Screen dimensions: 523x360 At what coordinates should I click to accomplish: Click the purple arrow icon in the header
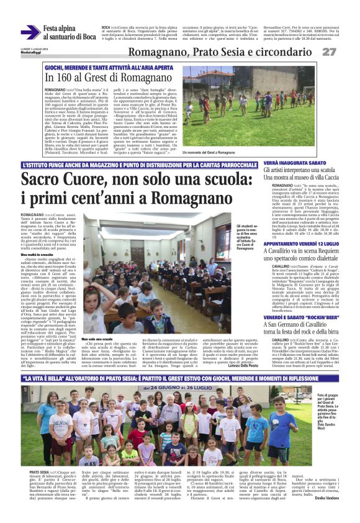point(29,33)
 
